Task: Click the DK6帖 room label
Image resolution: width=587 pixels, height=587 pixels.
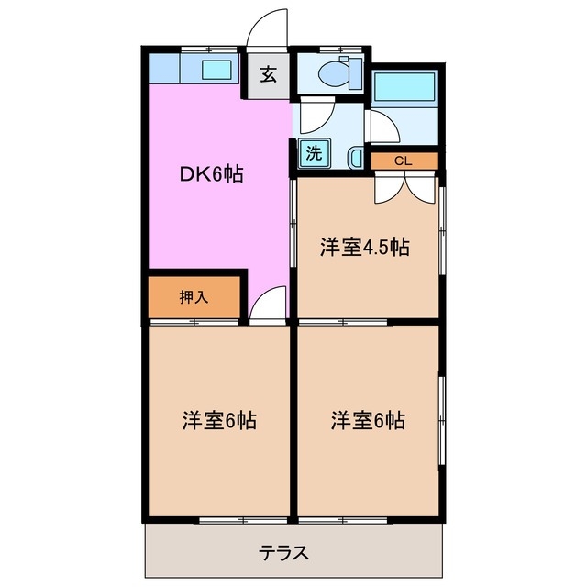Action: point(210,173)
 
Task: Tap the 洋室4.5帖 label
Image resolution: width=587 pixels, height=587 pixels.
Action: point(364,247)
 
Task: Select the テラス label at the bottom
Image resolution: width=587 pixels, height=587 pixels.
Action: point(282,553)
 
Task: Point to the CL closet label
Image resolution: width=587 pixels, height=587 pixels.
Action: point(403,161)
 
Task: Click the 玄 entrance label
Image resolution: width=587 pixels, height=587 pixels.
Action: point(268,75)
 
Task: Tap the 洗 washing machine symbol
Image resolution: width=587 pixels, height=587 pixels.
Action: point(314,154)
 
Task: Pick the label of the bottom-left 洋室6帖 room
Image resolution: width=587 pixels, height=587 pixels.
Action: point(217,421)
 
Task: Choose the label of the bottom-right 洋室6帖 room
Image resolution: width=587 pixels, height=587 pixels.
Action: point(368,421)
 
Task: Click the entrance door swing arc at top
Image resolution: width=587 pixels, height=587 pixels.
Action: point(271,28)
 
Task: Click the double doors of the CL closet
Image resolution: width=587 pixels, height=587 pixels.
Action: point(404,186)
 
